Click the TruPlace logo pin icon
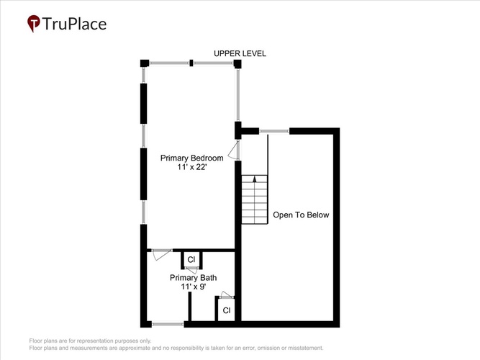(34, 23)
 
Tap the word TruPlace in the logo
(74, 24)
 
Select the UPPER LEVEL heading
(240, 53)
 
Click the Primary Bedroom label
(192, 158)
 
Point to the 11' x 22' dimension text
(192, 167)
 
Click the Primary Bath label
(193, 278)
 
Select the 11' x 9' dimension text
(193, 287)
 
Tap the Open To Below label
(301, 215)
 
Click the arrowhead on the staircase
(254, 179)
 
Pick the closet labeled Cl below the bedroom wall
(191, 260)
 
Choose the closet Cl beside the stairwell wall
(227, 310)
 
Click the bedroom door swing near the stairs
(234, 150)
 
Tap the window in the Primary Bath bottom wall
(168, 324)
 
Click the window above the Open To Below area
(274, 131)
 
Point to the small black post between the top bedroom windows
(191, 63)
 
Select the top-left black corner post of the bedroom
(145, 63)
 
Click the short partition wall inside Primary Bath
(190, 307)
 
